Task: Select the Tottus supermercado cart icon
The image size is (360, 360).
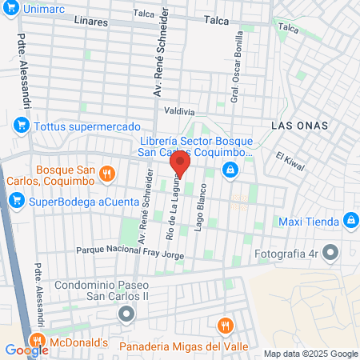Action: click(22, 126)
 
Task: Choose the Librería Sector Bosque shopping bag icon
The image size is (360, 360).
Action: click(230, 169)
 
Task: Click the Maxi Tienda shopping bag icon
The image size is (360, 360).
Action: click(350, 221)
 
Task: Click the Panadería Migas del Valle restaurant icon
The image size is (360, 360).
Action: click(225, 326)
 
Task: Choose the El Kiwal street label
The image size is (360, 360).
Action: click(290, 162)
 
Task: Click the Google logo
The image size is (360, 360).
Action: click(26, 350)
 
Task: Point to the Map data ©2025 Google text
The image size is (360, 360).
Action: click(311, 354)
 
